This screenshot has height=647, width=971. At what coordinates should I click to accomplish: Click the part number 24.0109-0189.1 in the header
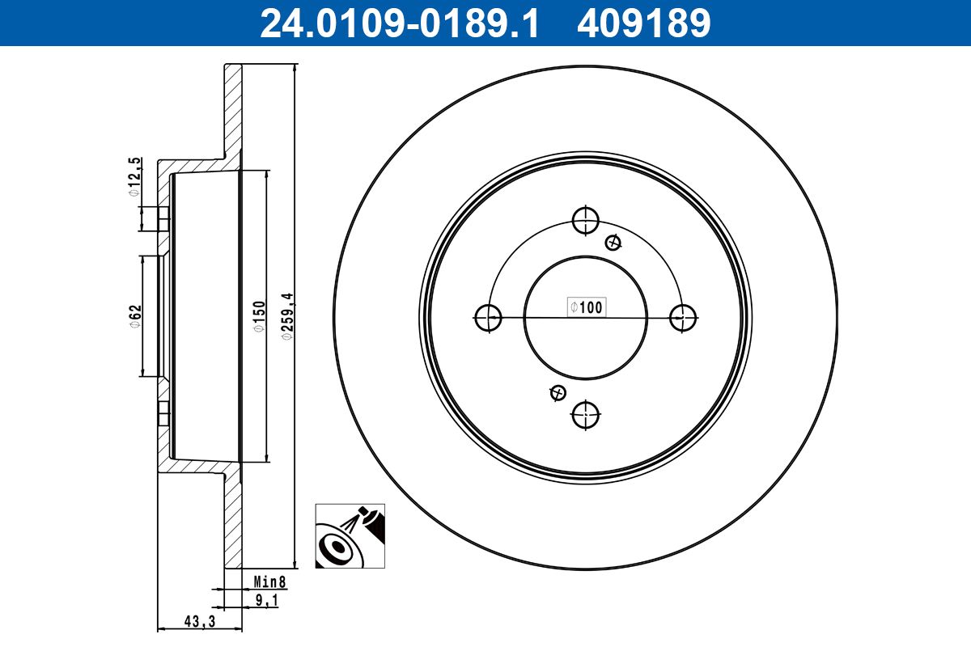(x=399, y=23)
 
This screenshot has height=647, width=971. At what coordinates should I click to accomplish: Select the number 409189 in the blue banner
(x=644, y=23)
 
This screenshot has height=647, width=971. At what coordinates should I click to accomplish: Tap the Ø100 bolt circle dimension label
(x=587, y=307)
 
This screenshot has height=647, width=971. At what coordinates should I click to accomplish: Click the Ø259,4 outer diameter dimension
(x=288, y=317)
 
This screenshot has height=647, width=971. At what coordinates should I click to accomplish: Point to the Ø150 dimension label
(x=259, y=317)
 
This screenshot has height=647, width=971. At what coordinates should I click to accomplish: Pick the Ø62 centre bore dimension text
(x=136, y=317)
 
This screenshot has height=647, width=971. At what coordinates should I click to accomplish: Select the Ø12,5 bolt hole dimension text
(x=135, y=177)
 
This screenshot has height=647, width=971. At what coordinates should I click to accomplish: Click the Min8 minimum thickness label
(x=270, y=581)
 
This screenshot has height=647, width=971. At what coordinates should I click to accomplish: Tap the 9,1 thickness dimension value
(x=267, y=600)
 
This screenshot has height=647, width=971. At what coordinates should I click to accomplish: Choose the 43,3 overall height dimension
(x=200, y=621)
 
